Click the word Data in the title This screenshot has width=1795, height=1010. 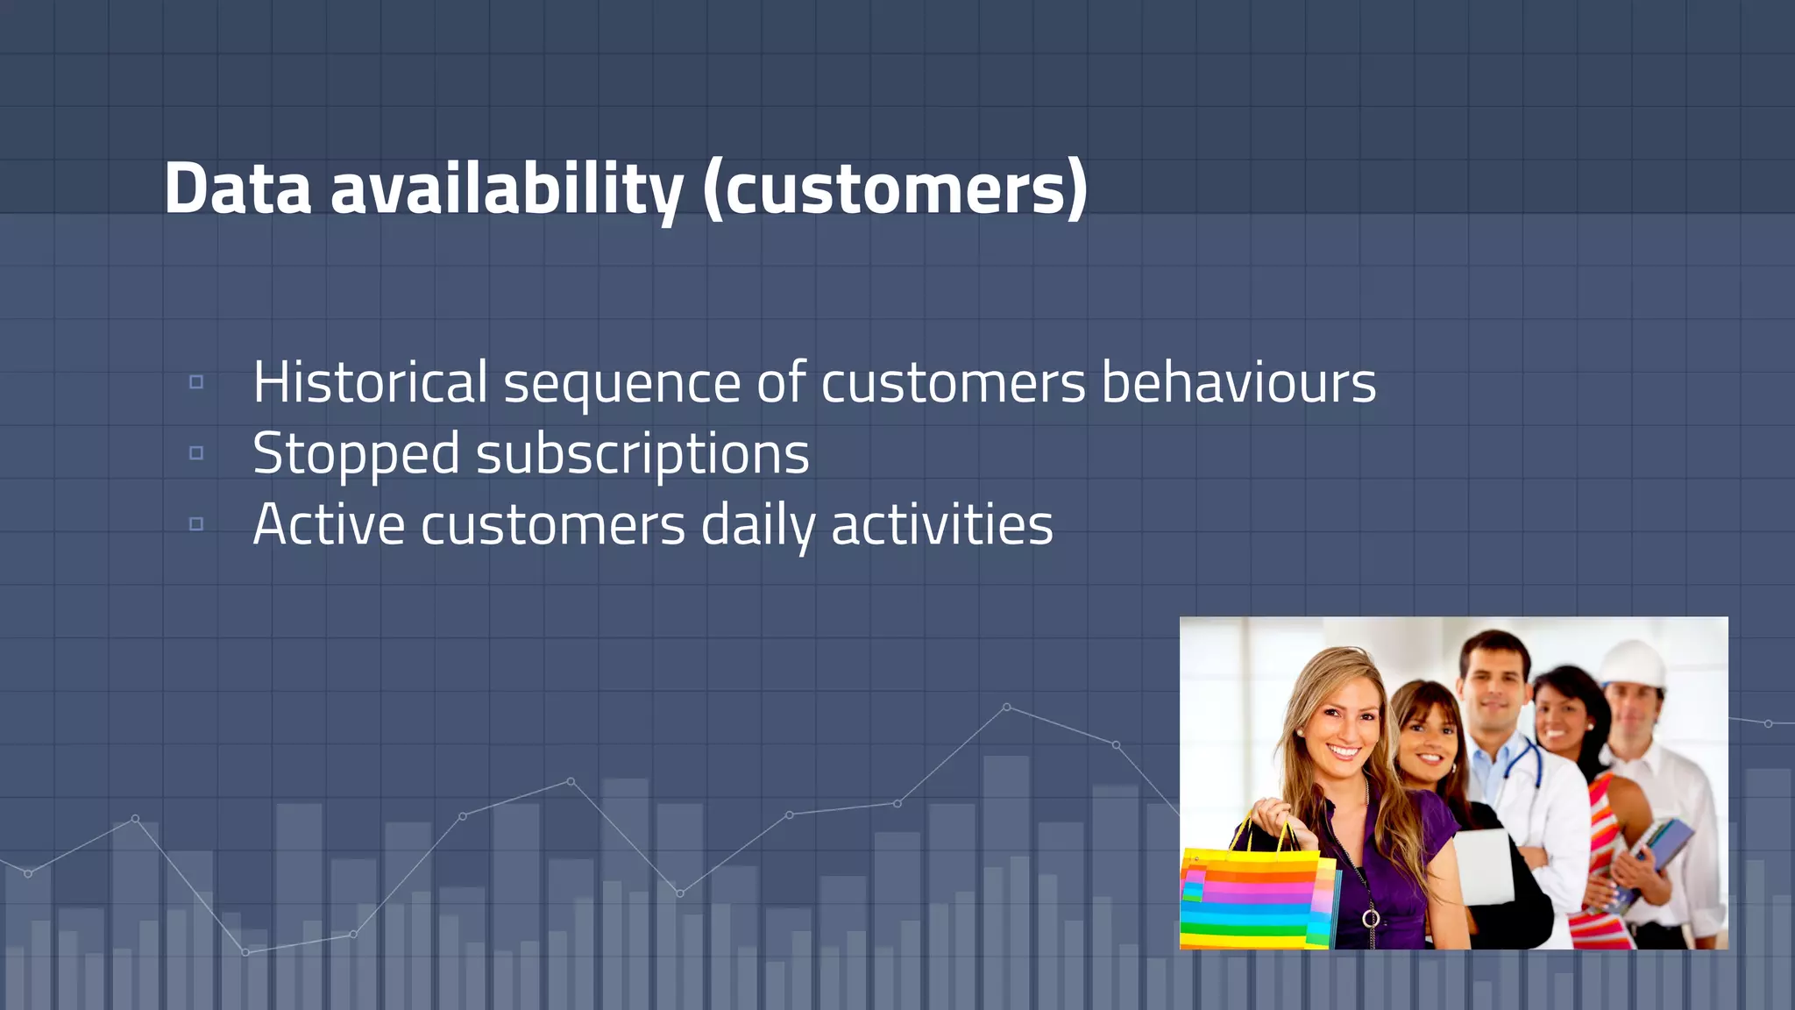[238, 188]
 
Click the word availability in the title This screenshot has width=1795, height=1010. [507, 188]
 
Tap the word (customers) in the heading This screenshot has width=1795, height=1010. [895, 188]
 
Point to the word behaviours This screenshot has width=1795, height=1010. [1238, 383]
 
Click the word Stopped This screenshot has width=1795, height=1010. [355, 455]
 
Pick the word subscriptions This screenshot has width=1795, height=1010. [642, 455]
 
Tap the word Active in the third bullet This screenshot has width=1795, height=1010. [329, 525]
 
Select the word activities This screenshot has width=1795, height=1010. [941, 525]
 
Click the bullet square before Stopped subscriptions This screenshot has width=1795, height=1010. [196, 453]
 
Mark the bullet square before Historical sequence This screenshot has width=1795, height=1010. [196, 382]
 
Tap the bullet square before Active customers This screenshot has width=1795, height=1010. [196, 524]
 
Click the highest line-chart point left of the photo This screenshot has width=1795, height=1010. [1006, 707]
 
